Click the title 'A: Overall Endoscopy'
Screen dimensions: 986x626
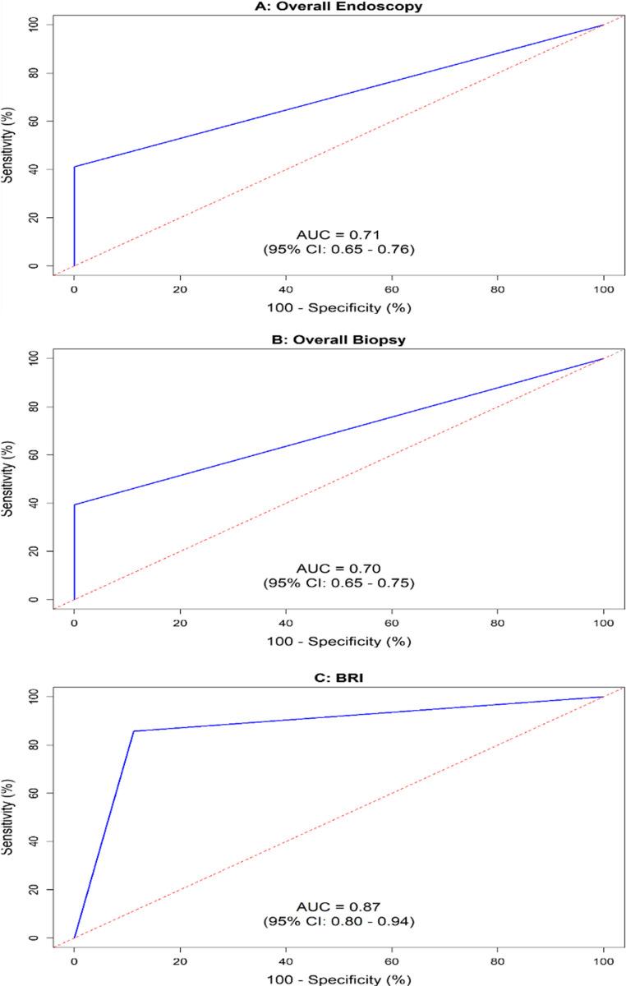coord(338,7)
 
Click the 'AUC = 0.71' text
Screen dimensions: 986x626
coord(338,235)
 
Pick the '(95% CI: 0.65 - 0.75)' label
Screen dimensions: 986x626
coord(338,583)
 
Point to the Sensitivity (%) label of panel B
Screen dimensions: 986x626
coord(9,479)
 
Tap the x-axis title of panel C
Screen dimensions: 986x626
coord(338,979)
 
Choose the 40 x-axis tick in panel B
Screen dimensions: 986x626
coord(286,621)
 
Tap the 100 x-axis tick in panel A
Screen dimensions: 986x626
coord(604,288)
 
